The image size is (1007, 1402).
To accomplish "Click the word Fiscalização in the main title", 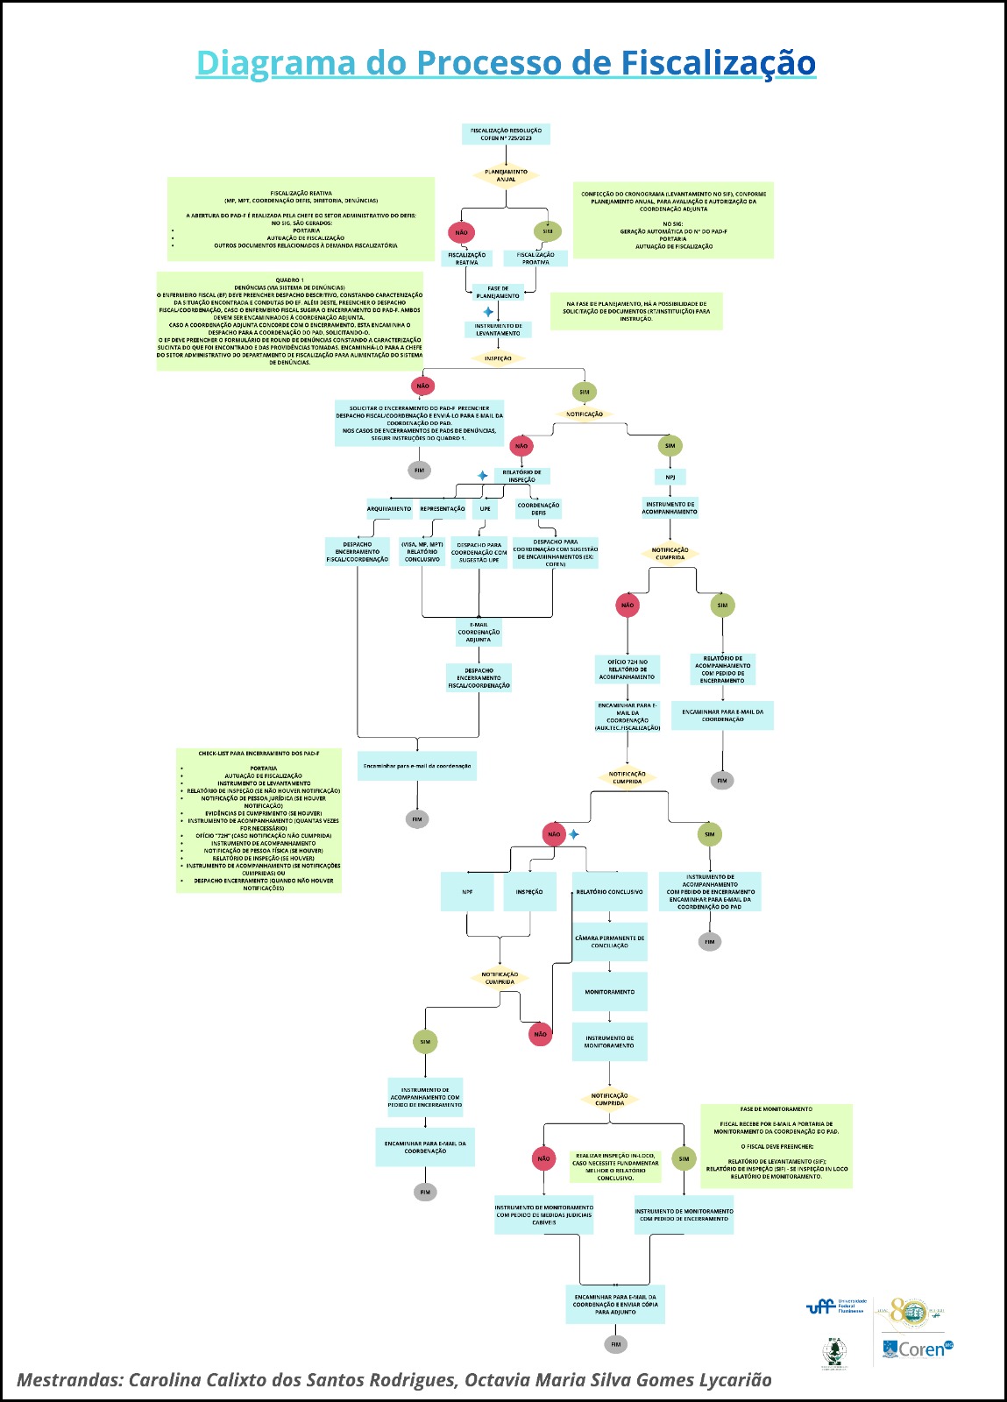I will click(719, 63).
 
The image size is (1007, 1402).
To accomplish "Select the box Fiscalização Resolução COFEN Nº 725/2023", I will click(506, 134).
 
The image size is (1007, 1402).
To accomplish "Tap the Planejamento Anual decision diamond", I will click(506, 175).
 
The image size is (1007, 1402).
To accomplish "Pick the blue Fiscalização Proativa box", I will click(535, 258).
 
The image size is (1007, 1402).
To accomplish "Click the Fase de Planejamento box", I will click(497, 292).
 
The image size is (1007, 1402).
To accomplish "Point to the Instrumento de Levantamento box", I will click(498, 329).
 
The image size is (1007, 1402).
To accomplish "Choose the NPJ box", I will click(670, 477).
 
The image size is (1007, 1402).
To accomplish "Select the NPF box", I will click(467, 892).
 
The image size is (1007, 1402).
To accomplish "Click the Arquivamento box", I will click(389, 508).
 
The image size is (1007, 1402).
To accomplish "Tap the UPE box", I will click(485, 508).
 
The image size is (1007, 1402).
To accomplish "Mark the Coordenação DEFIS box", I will click(538, 508).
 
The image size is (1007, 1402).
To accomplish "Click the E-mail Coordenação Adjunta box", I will click(479, 632).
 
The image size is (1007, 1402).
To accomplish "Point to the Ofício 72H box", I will click(628, 669).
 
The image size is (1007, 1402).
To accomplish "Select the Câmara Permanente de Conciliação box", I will click(609, 942).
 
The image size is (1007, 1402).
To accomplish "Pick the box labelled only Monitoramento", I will click(609, 992).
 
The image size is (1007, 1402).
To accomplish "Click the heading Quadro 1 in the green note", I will click(289, 280).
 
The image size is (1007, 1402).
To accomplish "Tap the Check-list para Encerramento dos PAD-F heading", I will click(259, 754).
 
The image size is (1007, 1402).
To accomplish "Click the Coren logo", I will click(917, 1349).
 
